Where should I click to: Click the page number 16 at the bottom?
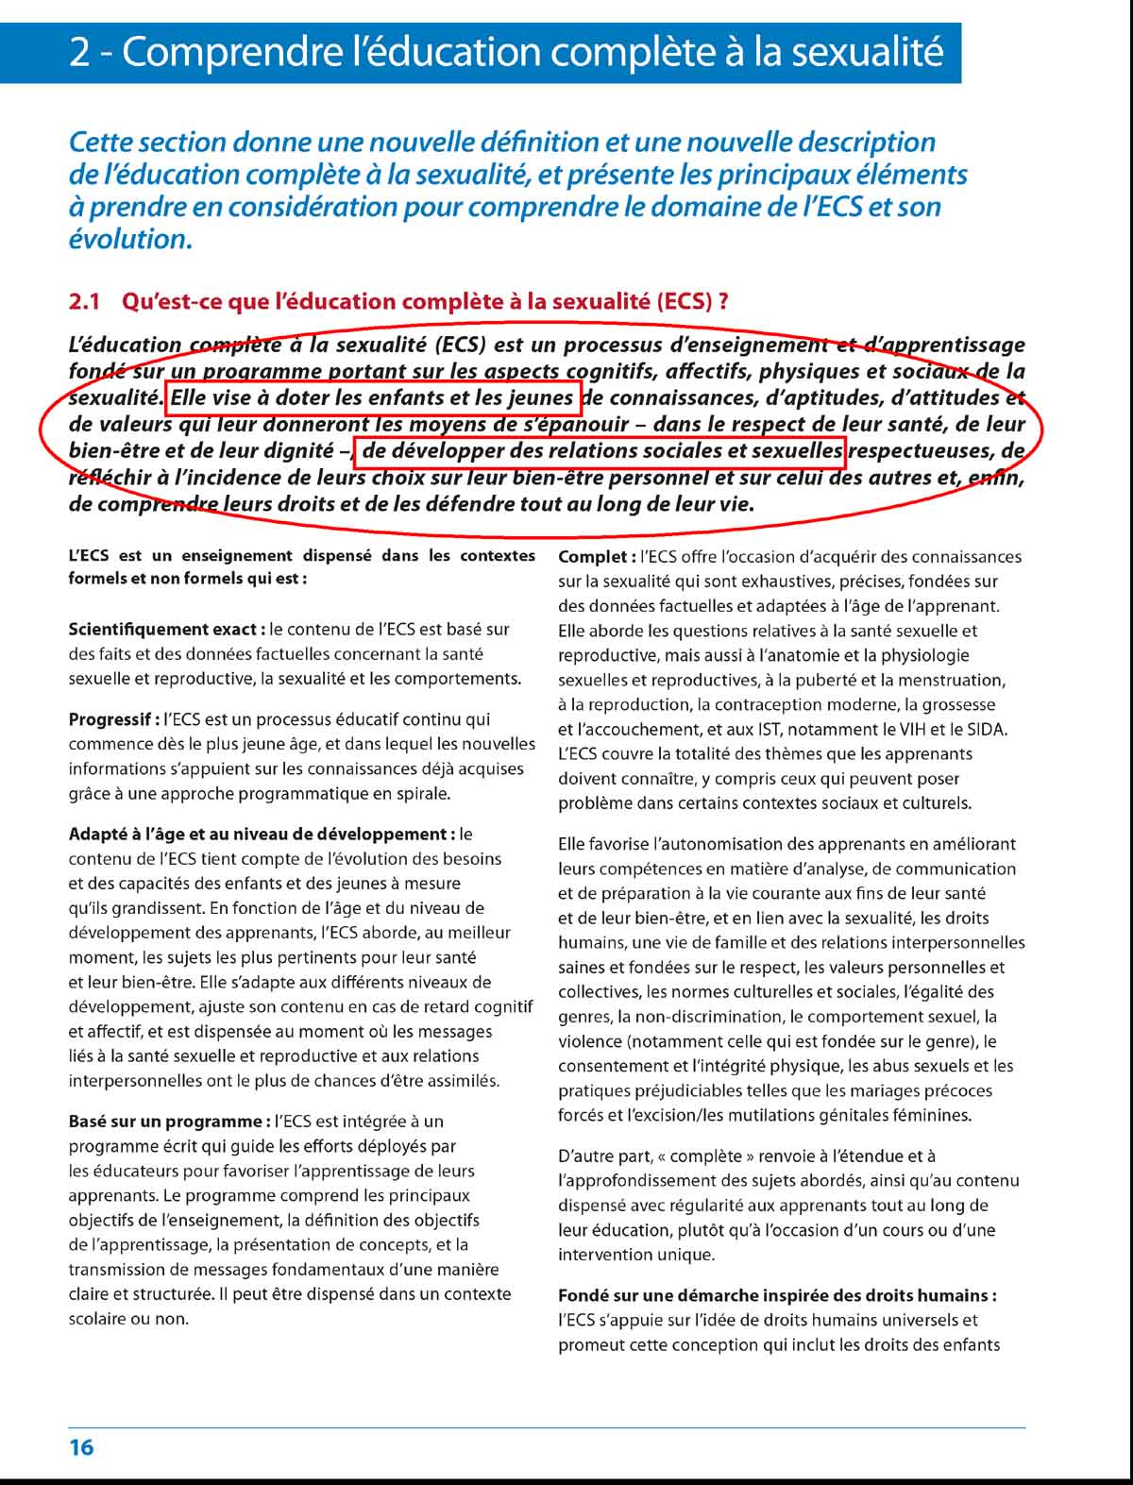[x=81, y=1446]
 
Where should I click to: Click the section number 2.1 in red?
[x=84, y=302]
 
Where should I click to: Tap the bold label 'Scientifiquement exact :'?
[x=166, y=629]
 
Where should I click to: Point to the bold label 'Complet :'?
[x=597, y=557]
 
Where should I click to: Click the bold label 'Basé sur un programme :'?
[x=169, y=1122]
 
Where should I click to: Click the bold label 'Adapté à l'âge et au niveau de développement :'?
[x=262, y=835]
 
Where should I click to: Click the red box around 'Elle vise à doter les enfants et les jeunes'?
[x=373, y=398]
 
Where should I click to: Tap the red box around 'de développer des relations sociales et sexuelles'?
[x=600, y=451]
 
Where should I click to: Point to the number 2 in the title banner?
[x=79, y=52]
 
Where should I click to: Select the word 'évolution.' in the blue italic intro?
[x=130, y=239]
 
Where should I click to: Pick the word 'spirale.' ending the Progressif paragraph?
[x=420, y=793]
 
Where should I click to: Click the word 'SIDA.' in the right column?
[x=987, y=729]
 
